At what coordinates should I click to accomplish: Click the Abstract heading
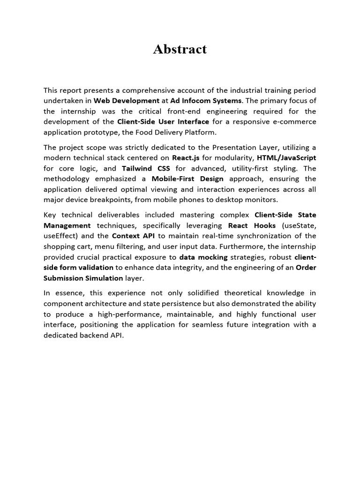click(180, 49)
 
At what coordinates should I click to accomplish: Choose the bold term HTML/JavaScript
click(286, 157)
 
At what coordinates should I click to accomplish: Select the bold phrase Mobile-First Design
click(187, 179)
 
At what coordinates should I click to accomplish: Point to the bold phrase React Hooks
click(252, 225)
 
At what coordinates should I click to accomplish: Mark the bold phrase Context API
click(133, 236)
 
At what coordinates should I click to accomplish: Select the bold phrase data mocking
click(203, 257)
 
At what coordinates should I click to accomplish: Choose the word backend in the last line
click(89, 335)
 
